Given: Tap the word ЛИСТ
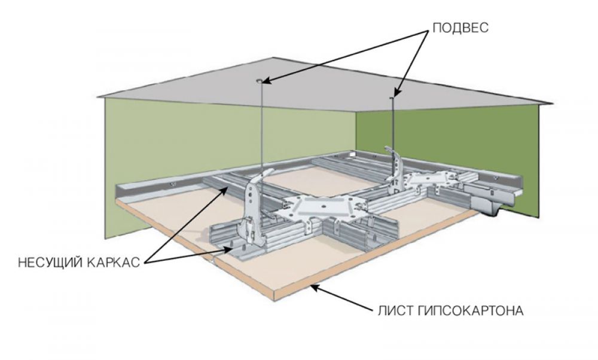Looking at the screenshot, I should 393,311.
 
